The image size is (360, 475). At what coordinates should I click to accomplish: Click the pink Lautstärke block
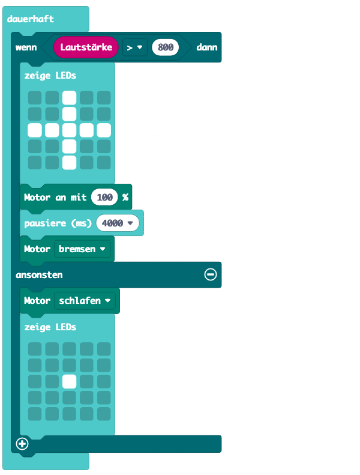click(86, 47)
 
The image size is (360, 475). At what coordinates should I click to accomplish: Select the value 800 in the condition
click(166, 47)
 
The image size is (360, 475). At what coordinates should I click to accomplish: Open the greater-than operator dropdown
click(135, 47)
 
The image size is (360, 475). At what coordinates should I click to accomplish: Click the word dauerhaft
click(30, 19)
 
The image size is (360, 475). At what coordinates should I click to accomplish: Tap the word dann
click(207, 47)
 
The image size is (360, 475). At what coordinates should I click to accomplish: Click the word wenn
click(26, 47)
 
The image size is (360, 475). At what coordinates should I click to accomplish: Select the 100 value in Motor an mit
click(104, 197)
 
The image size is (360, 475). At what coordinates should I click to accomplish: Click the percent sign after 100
click(125, 197)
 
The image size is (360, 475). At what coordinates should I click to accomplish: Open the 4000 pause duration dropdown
click(118, 223)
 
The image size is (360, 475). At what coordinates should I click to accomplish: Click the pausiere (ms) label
click(58, 223)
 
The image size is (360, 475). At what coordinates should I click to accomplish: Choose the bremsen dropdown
click(82, 249)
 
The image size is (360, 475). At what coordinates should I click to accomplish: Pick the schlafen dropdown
click(85, 300)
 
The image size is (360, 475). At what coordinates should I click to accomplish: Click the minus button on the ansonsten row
click(211, 274)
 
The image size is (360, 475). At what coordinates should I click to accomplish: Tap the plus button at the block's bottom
click(22, 444)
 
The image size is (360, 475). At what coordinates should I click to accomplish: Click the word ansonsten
click(39, 275)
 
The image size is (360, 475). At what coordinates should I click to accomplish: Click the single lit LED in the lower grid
click(70, 381)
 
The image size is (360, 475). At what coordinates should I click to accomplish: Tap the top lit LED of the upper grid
click(70, 98)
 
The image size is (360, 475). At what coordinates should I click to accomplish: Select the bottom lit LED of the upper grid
click(70, 162)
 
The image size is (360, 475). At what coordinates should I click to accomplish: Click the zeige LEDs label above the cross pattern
click(50, 76)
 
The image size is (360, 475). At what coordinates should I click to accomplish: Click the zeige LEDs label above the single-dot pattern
click(50, 327)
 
